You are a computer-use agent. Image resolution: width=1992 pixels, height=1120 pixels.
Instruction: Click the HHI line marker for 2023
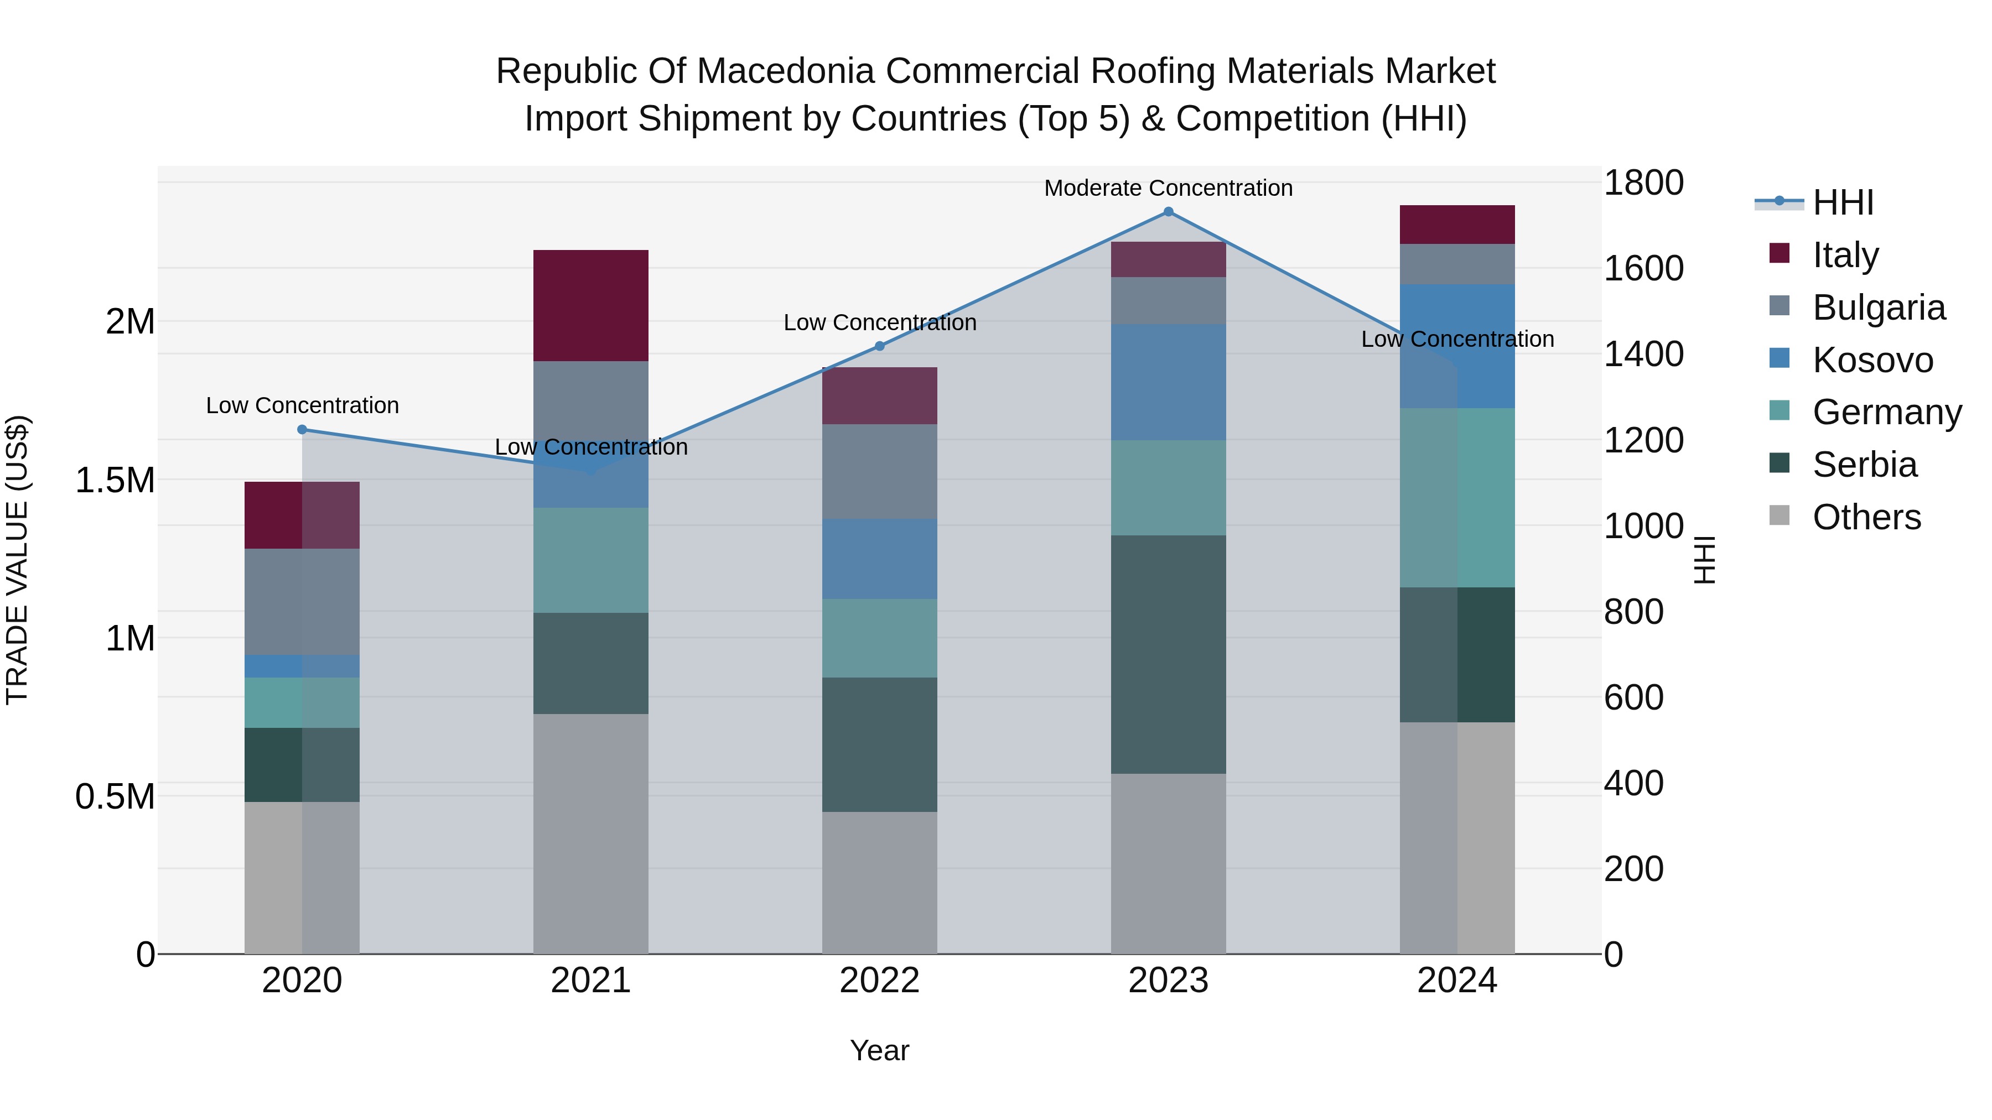tap(1169, 212)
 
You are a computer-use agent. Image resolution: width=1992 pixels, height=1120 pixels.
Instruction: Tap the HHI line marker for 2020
tap(302, 430)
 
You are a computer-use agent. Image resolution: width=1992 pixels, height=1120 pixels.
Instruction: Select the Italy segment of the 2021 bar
tap(591, 305)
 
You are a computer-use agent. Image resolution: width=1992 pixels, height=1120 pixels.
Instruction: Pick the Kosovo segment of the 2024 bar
tap(1457, 346)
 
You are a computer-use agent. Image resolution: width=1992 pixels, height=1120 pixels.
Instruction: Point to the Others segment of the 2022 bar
tap(879, 882)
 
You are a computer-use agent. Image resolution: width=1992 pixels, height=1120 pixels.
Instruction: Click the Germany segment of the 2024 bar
tap(1457, 497)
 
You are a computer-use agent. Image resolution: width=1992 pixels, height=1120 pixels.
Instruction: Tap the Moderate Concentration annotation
tap(1169, 189)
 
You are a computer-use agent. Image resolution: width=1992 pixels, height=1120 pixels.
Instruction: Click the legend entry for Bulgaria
tap(1879, 308)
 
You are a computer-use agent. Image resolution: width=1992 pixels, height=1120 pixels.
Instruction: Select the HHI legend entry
tap(1843, 202)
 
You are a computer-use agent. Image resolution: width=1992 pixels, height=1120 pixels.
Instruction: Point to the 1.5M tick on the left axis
tap(115, 481)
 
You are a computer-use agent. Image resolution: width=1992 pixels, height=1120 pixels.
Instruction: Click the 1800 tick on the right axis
tap(1643, 183)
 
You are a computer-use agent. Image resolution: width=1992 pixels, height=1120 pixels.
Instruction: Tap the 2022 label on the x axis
tap(879, 981)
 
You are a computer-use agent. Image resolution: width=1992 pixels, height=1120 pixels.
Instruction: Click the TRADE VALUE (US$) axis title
tap(17, 560)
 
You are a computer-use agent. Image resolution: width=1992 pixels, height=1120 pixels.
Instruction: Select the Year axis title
tap(879, 1050)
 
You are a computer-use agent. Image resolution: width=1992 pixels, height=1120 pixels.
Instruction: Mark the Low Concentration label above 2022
tap(879, 323)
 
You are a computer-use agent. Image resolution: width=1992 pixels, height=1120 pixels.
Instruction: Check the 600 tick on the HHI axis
tap(1633, 697)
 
